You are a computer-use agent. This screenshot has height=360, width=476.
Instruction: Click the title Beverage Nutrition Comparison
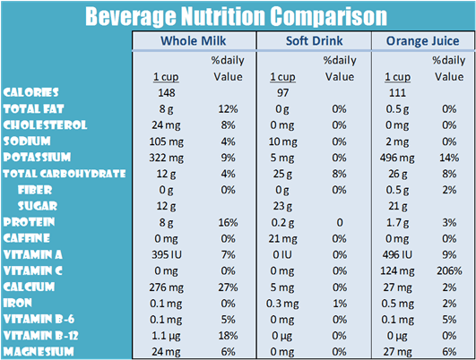[237, 16]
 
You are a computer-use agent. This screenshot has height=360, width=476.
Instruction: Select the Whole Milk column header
[193, 42]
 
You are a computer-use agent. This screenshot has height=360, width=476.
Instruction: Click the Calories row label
[32, 92]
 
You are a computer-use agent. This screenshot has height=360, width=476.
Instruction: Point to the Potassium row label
[39, 157]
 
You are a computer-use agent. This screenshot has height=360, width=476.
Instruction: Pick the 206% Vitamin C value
[447, 270]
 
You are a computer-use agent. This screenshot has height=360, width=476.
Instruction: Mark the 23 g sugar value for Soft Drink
[284, 206]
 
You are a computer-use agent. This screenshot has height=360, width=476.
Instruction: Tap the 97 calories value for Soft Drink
[284, 93]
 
